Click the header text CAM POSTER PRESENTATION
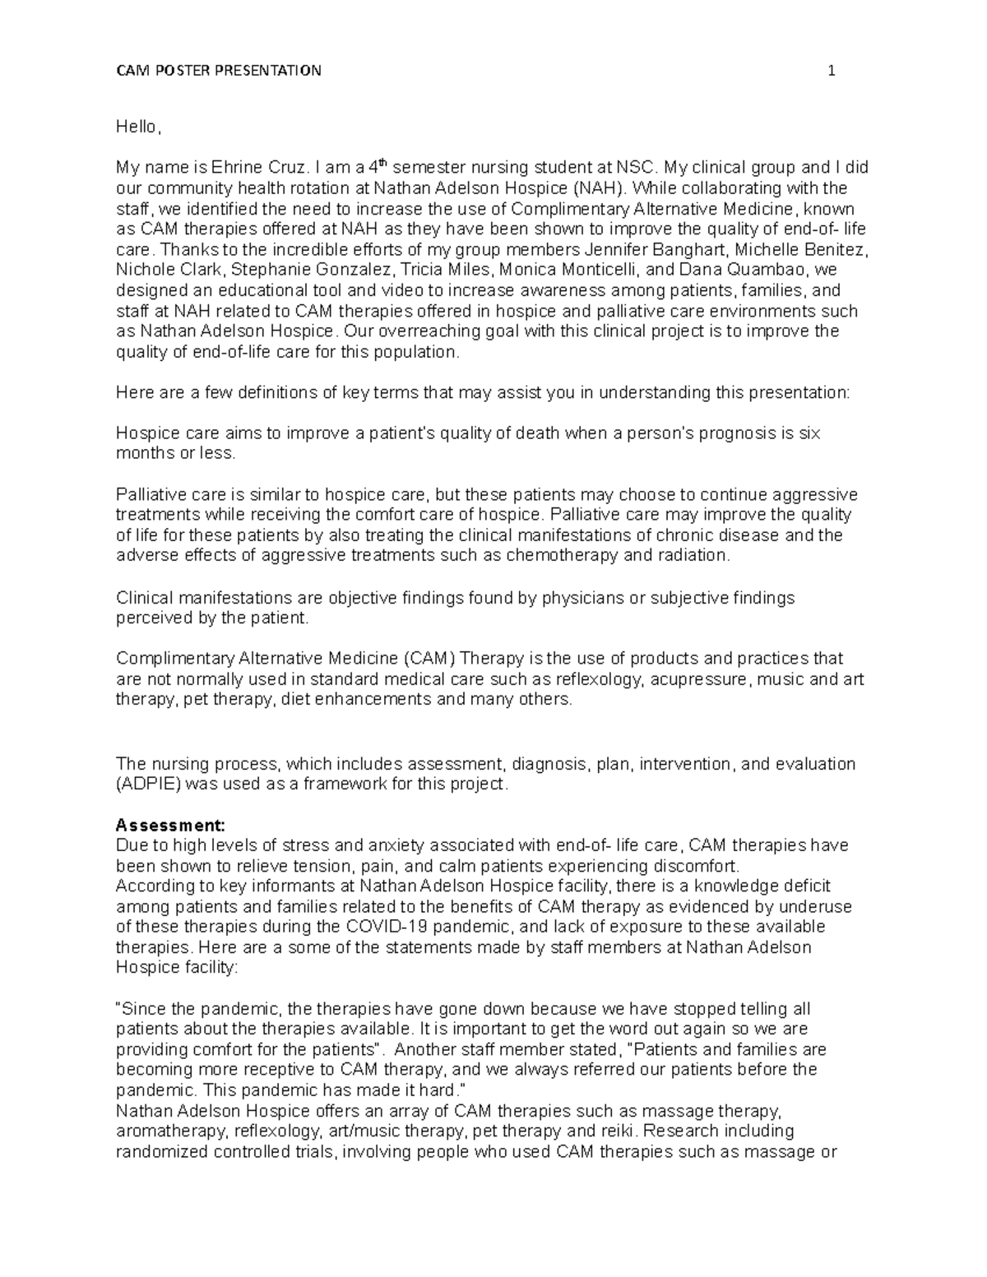tap(218, 71)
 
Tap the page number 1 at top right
tap(832, 71)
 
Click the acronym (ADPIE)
tap(149, 784)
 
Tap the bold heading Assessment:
tap(169, 825)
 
